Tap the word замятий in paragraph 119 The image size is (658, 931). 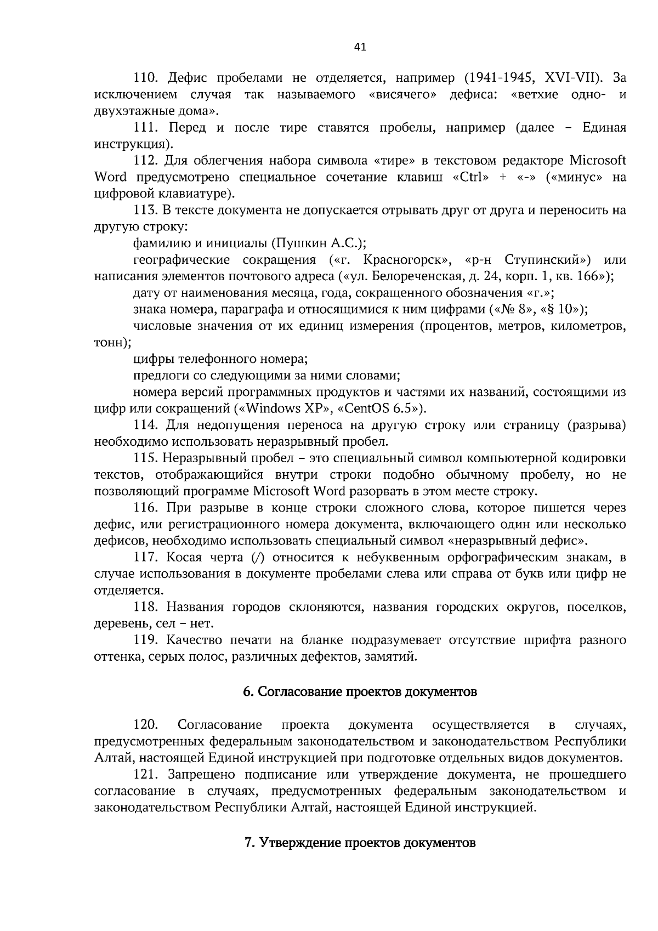click(392, 656)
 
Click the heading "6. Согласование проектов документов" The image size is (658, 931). click(360, 692)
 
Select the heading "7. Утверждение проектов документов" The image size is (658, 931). click(360, 842)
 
